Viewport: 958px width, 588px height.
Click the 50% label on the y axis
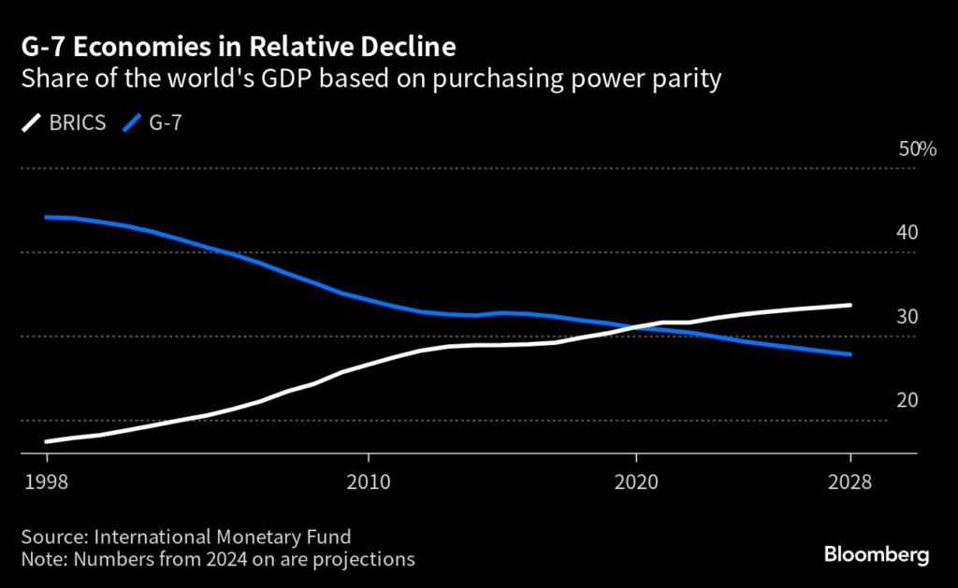(917, 150)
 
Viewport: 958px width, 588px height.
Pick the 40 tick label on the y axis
(907, 233)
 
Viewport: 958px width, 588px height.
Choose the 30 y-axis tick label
(907, 317)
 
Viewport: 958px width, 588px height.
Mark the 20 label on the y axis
(907, 401)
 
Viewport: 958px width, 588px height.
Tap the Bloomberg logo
(877, 555)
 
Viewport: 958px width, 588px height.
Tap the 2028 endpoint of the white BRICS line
(849, 305)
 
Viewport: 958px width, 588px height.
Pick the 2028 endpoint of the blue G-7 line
(849, 354)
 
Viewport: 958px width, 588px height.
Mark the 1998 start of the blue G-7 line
(47, 217)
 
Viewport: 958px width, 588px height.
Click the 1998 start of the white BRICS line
(47, 441)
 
